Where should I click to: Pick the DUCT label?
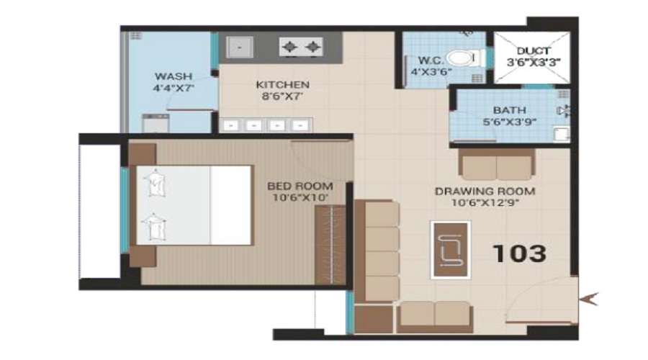point(534,51)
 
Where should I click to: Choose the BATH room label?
point(509,110)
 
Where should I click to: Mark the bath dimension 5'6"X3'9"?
point(509,122)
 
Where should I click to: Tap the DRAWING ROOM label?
point(485,191)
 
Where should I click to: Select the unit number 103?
point(519,253)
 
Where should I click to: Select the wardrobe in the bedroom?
point(331,245)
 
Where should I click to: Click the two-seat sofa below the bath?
point(497,166)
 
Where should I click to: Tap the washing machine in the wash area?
point(155,123)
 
